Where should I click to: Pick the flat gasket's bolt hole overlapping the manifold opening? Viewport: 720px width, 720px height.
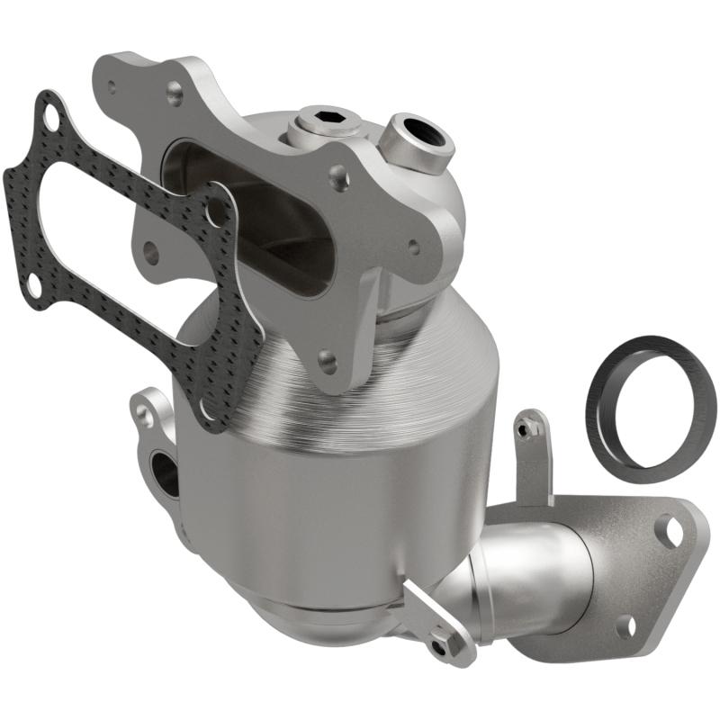click(215, 212)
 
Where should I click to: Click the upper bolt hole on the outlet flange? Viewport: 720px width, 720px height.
click(670, 531)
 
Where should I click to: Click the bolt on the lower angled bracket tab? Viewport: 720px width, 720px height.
click(439, 646)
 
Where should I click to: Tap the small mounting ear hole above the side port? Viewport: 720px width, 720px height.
click(143, 415)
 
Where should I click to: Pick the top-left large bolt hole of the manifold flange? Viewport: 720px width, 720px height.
click(175, 91)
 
